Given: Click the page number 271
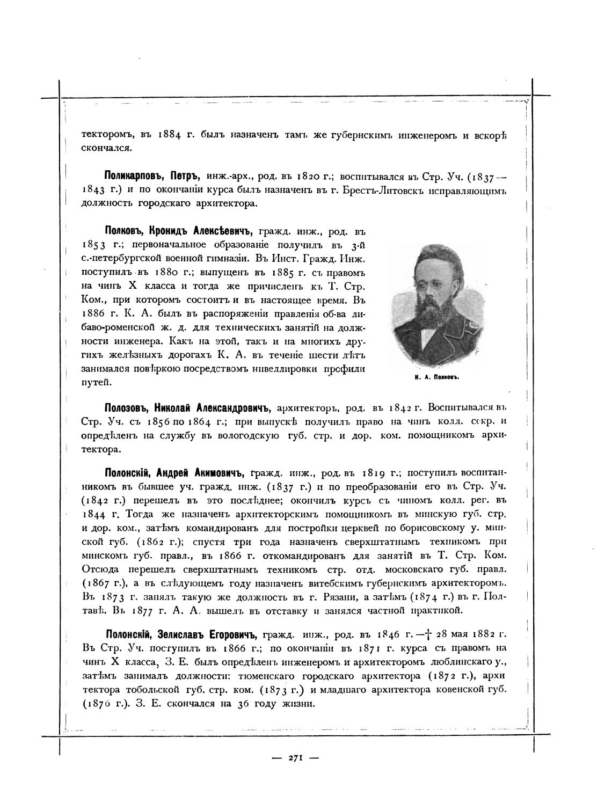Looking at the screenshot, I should coord(296,758).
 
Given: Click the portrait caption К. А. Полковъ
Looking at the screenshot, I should coord(439,377).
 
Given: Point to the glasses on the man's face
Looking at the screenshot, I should coord(432,286).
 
